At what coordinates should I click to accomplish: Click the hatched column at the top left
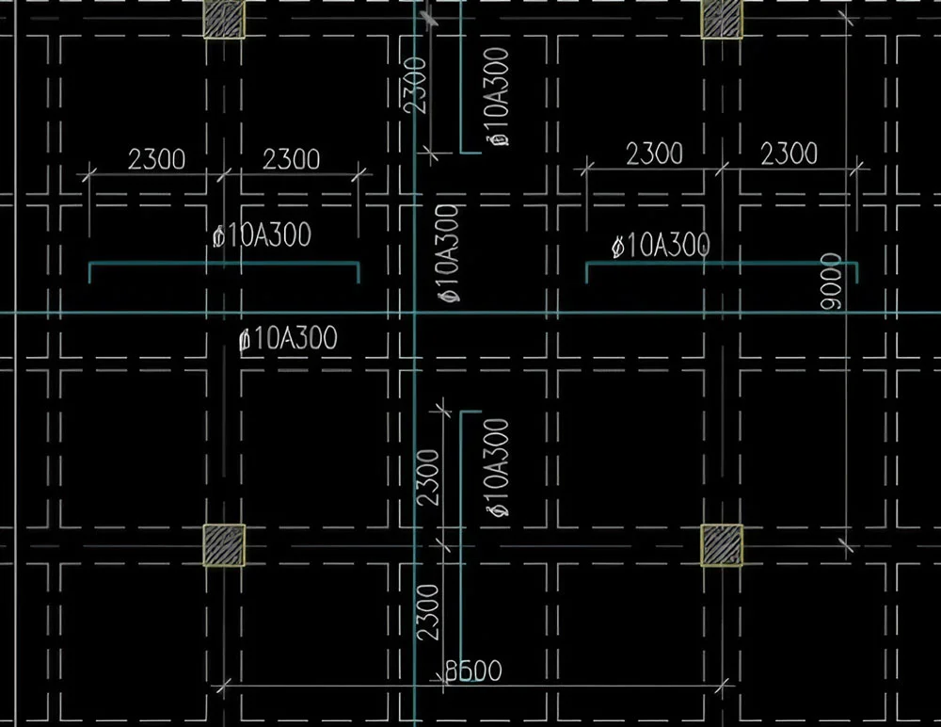pyautogui.click(x=224, y=19)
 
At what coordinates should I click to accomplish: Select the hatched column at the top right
pyautogui.click(x=722, y=19)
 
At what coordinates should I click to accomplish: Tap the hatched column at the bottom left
pyautogui.click(x=224, y=545)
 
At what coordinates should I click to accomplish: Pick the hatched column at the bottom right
pyautogui.click(x=722, y=545)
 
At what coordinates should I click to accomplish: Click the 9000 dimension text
pyautogui.click(x=831, y=282)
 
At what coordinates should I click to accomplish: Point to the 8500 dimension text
pyautogui.click(x=473, y=670)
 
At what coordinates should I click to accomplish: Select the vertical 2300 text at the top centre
pyautogui.click(x=415, y=85)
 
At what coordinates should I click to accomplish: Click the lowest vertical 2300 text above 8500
pyautogui.click(x=428, y=612)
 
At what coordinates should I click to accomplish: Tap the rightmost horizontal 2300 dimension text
pyautogui.click(x=789, y=153)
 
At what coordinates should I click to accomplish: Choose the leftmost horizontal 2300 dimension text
pyautogui.click(x=156, y=159)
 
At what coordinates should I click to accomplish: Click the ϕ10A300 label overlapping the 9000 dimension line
pyautogui.click(x=661, y=246)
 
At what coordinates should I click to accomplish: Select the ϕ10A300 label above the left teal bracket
pyautogui.click(x=263, y=234)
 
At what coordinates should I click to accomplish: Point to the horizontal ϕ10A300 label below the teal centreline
pyautogui.click(x=288, y=338)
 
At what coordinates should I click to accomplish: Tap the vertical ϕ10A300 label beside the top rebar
pyautogui.click(x=499, y=97)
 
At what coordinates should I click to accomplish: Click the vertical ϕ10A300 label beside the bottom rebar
pyautogui.click(x=499, y=467)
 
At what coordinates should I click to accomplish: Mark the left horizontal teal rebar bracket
pyautogui.click(x=224, y=263)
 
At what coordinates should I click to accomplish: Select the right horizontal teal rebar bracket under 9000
pyautogui.click(x=722, y=263)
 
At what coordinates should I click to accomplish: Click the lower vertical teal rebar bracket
pyautogui.click(x=461, y=538)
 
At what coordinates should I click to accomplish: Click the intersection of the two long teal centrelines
pyautogui.click(x=415, y=313)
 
